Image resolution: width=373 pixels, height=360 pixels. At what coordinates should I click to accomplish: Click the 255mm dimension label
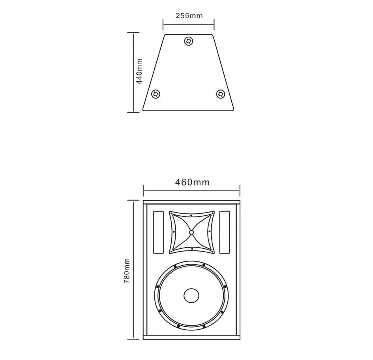click(189, 16)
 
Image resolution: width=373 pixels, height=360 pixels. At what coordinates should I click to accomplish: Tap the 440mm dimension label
click(139, 71)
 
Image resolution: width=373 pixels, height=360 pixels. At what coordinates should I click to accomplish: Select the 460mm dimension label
click(192, 182)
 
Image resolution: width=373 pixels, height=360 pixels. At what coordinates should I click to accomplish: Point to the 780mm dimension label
click(127, 270)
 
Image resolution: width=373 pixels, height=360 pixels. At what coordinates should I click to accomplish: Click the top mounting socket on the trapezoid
click(189, 41)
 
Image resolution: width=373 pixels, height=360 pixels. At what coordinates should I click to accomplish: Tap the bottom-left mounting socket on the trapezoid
click(156, 94)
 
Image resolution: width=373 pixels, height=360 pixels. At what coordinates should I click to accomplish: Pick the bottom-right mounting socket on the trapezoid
click(221, 94)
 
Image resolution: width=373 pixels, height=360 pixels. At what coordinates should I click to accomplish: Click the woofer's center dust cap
click(191, 296)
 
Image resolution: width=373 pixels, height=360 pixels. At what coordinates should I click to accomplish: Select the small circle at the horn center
click(191, 232)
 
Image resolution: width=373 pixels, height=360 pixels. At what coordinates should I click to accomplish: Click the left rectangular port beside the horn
click(158, 232)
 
